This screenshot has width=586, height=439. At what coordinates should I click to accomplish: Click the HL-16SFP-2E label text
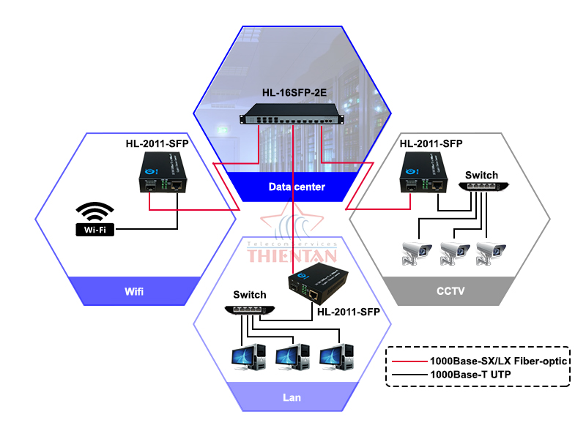tap(294, 93)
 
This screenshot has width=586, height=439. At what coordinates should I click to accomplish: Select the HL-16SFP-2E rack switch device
tap(294, 118)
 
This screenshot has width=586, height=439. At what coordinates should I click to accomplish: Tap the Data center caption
tap(296, 187)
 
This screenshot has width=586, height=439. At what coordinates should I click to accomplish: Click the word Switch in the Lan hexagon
tap(249, 294)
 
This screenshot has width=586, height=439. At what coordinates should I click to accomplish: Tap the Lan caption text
tap(292, 398)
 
